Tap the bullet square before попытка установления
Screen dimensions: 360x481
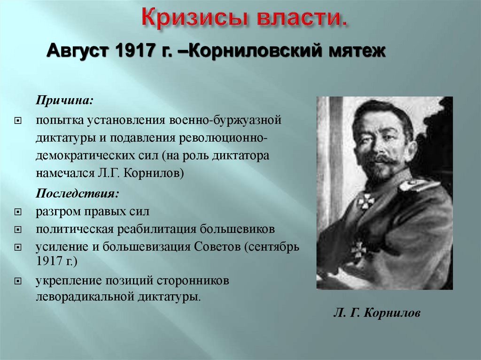tap(18, 121)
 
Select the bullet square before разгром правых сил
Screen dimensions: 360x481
tap(18, 212)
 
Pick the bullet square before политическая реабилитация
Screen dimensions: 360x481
tap(18, 230)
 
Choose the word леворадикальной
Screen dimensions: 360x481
tap(85, 297)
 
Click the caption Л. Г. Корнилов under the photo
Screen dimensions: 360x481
tap(377, 313)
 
